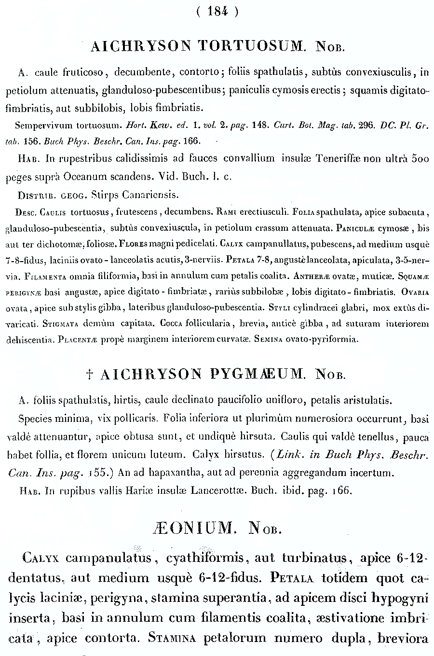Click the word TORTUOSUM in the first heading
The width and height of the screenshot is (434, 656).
[251, 46]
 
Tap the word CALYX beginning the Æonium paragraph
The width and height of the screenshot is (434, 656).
[41, 558]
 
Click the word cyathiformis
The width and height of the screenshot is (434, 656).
[205, 558]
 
